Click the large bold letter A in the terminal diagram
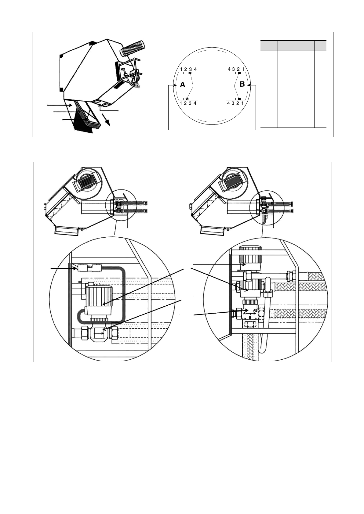(183, 85)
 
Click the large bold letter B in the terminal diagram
(242, 84)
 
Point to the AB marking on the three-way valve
(255, 310)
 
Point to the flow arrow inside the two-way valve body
(99, 333)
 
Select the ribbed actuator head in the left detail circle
(99, 296)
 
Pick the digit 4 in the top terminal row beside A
(195, 69)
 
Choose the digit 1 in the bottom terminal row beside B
(242, 103)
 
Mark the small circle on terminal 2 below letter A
(187, 99)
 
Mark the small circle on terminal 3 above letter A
(190, 73)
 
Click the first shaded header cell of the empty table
(269, 46)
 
